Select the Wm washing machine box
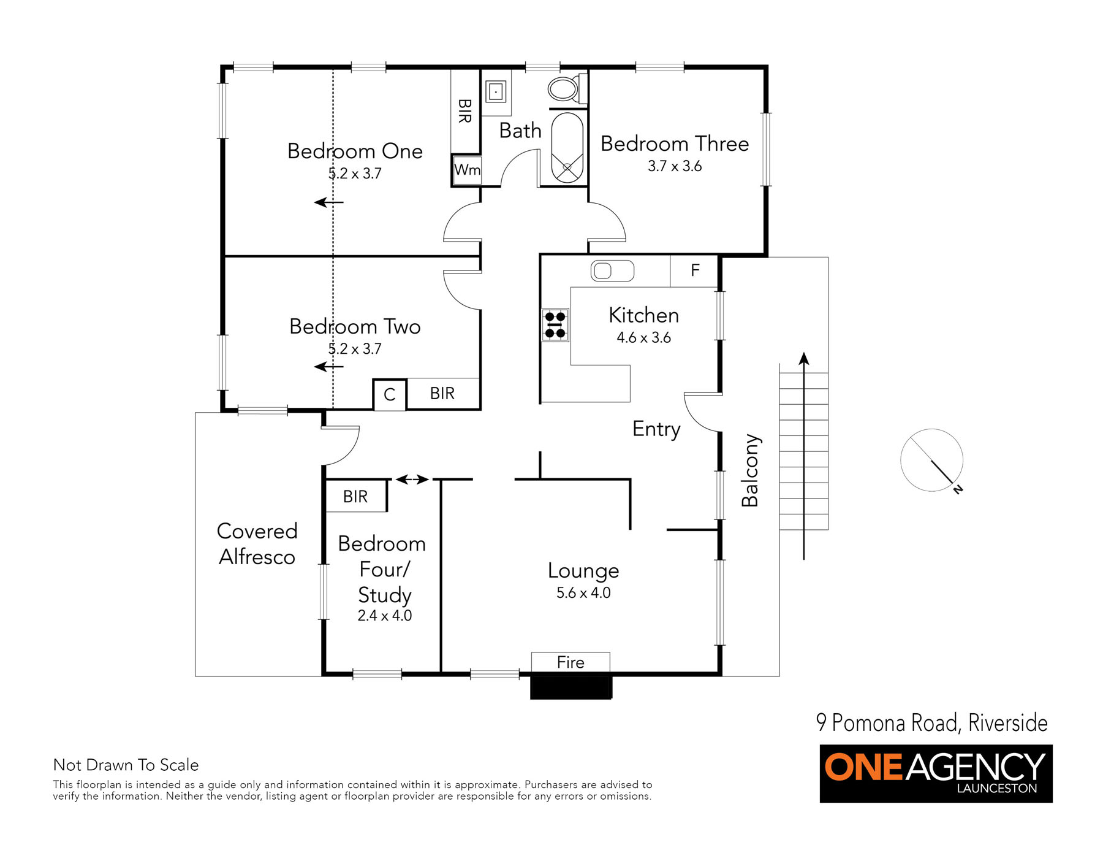(467, 170)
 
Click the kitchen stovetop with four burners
(555, 325)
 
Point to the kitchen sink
(612, 271)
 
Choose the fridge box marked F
(694, 271)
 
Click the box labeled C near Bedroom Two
(389, 394)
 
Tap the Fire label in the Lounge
(570, 662)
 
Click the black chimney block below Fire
(571, 686)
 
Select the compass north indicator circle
(931, 460)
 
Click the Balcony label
(750, 470)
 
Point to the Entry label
(656, 429)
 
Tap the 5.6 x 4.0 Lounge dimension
(583, 593)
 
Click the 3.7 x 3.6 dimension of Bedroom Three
(675, 166)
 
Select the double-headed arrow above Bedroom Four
(412, 480)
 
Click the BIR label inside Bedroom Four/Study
(355, 497)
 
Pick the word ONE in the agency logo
(864, 767)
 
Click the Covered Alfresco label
(257, 544)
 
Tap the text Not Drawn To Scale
(126, 765)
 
